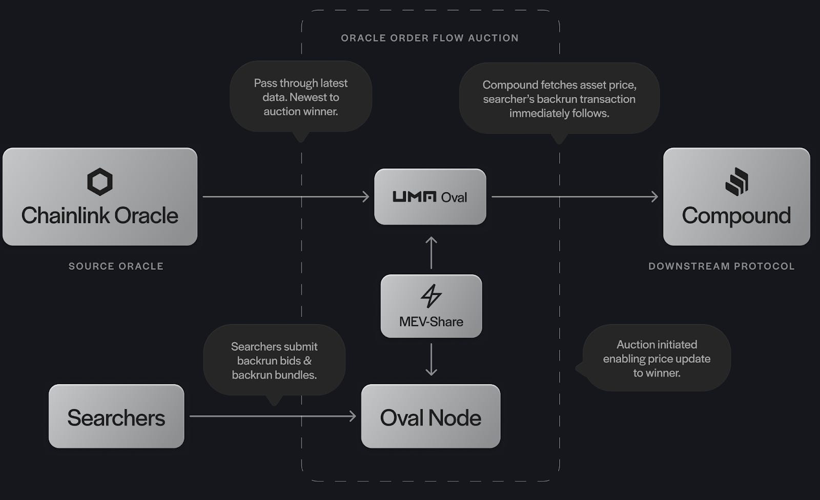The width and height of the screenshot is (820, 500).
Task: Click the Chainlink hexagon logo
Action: (99, 182)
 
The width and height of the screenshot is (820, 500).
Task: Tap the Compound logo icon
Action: (736, 182)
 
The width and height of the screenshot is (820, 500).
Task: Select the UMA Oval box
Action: (430, 197)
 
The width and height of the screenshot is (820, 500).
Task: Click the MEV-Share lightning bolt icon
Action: (430, 296)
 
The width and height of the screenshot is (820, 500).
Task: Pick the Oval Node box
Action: (430, 416)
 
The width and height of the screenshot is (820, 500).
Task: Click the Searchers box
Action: (116, 416)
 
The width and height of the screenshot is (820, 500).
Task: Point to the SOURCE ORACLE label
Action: (116, 266)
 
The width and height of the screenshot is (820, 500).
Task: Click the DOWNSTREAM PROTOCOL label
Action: (721, 266)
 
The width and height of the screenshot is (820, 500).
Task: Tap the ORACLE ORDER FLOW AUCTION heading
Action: (429, 38)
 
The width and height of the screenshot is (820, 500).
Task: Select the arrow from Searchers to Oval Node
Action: (272, 416)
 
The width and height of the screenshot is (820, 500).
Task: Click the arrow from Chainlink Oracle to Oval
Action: (285, 196)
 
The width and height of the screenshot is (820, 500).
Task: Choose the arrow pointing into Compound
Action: (574, 196)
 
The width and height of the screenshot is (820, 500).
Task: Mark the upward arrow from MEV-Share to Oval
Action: (431, 253)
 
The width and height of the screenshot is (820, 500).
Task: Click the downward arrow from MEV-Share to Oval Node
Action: (431, 359)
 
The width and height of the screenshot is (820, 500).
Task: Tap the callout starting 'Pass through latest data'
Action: (300, 97)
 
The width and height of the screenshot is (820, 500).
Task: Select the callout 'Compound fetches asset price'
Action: (559, 98)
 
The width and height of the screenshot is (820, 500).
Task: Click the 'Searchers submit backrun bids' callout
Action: (274, 361)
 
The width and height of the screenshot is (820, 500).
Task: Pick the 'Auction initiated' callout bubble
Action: (657, 358)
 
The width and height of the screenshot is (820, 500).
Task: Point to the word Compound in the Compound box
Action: (736, 216)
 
